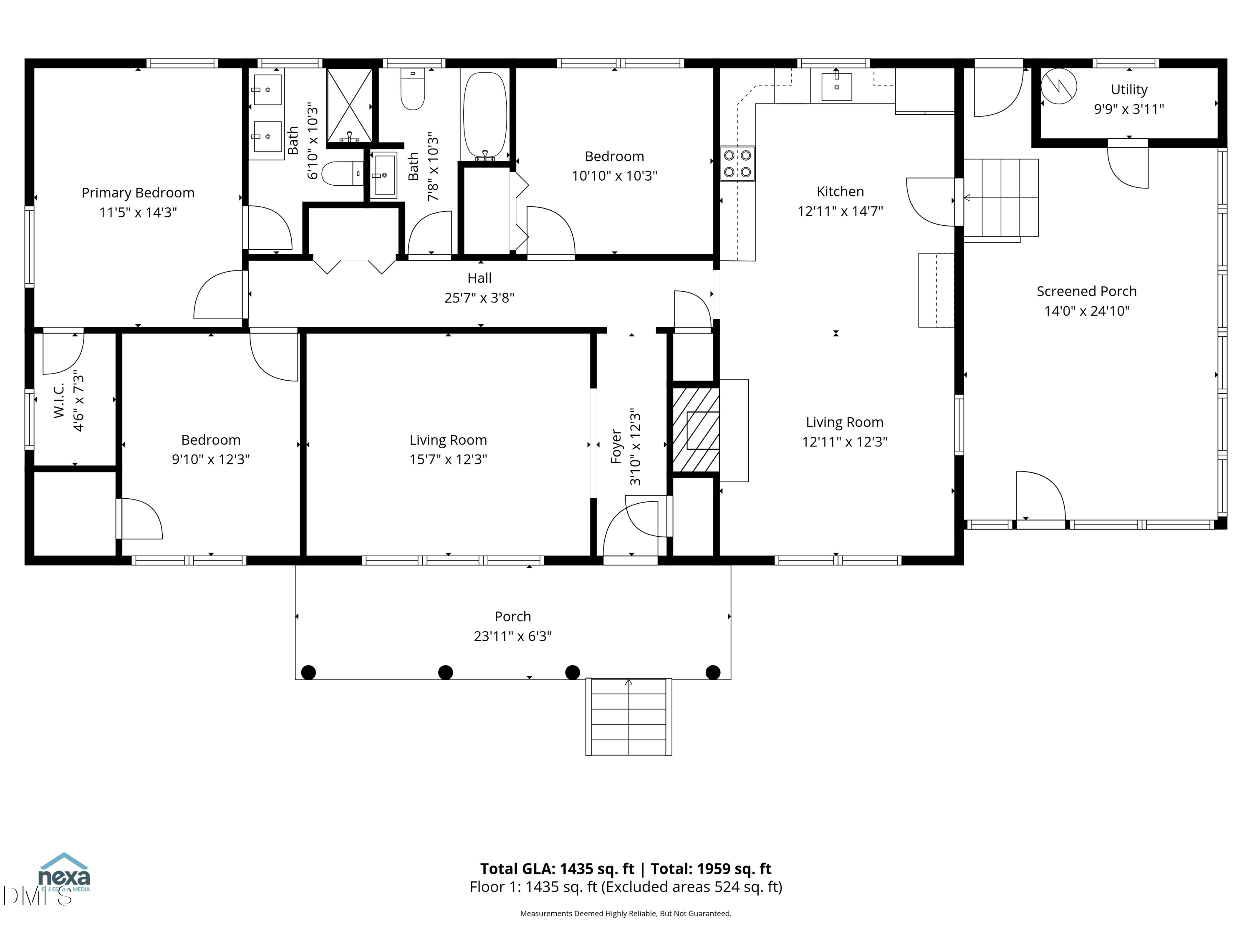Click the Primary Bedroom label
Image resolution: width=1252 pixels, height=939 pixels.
(138, 193)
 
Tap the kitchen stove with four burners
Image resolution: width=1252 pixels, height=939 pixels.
(737, 164)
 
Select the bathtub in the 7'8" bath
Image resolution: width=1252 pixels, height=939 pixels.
(485, 116)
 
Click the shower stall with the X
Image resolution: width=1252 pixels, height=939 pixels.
(350, 105)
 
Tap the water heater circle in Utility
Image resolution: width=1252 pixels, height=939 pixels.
(1058, 86)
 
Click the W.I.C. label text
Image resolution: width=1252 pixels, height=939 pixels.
(59, 400)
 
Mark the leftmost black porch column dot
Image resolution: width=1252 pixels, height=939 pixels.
(308, 672)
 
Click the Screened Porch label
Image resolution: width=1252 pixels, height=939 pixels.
(1086, 291)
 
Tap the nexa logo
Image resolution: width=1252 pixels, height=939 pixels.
(63, 872)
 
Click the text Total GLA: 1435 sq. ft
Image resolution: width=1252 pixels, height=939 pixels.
(557, 869)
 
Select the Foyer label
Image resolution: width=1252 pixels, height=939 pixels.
(616, 447)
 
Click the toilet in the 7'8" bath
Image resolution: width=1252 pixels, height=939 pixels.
(413, 90)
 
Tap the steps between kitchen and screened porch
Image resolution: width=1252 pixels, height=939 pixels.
(1001, 197)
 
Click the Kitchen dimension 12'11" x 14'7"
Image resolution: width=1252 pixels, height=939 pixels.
(840, 211)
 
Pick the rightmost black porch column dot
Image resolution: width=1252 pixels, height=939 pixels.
(713, 672)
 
